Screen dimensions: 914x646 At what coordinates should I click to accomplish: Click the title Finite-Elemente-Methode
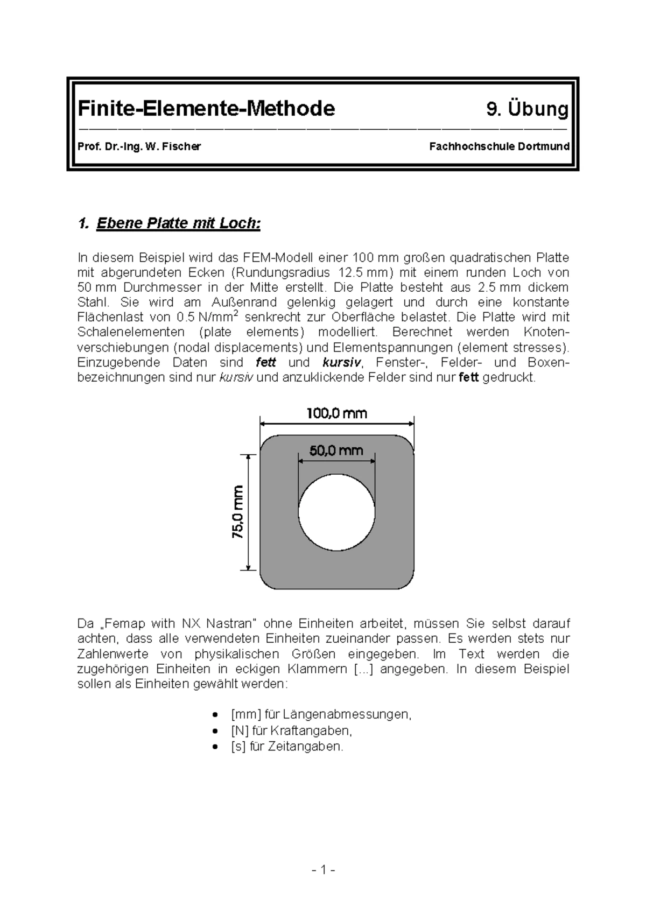pos(206,109)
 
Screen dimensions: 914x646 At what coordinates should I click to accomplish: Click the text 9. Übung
pos(527,109)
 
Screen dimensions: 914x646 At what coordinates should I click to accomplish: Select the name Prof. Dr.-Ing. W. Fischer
pos(139,146)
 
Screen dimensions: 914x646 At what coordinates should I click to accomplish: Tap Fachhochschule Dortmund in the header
pos(499,146)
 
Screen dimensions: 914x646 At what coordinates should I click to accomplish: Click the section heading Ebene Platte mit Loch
pos(178,223)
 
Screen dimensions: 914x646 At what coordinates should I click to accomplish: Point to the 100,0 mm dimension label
pos(337,413)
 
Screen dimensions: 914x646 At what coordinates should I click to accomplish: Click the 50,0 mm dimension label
pos(336,450)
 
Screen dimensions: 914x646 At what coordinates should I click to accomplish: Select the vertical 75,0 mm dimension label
pos(238,511)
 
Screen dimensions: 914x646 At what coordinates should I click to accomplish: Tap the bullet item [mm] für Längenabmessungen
pos(321,714)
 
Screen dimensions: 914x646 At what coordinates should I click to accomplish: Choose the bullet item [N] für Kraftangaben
pos(291,730)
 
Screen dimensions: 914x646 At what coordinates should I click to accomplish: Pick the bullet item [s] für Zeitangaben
pos(287,747)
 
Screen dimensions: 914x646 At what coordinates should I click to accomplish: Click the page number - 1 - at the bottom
pos(323,870)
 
